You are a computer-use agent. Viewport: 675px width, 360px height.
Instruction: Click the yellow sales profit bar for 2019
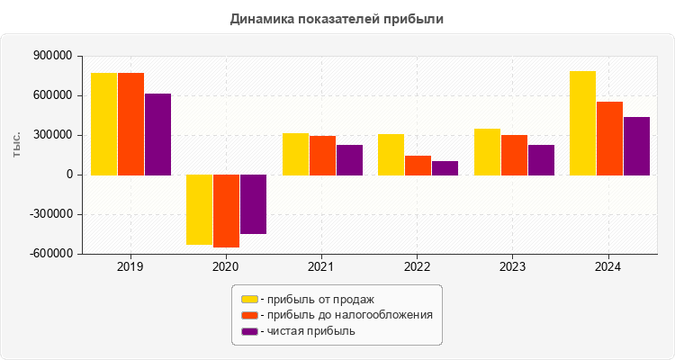[x=103, y=123]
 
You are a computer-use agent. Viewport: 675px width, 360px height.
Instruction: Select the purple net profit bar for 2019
[x=157, y=134]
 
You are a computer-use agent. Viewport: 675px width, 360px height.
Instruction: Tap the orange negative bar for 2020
[x=226, y=211]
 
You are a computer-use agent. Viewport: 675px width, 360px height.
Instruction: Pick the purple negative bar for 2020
[x=253, y=204]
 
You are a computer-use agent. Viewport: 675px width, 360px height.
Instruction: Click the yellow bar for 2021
[x=295, y=154]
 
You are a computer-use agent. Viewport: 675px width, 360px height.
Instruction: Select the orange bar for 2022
[x=418, y=165]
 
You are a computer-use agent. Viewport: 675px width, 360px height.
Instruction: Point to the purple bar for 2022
[x=445, y=167]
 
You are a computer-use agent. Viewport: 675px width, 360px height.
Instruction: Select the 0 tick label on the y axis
[x=68, y=175]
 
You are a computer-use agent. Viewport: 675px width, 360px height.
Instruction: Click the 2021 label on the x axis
[x=321, y=267]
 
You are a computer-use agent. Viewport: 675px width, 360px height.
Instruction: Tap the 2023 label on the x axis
[x=513, y=267]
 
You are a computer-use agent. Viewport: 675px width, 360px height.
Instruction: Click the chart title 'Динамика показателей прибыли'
[x=337, y=18]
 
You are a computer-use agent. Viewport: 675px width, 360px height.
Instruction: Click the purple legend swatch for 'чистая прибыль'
[x=248, y=331]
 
